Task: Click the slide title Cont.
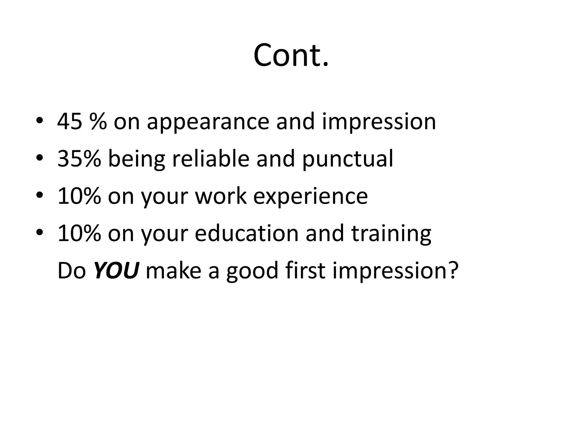pos(291,55)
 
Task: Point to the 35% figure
pos(79,159)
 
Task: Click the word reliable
pos(211,159)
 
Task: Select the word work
pos(221,196)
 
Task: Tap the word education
pos(247,233)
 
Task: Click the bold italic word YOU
pos(116,271)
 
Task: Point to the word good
pos(252,271)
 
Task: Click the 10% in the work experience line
pos(79,196)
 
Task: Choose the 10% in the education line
pos(79,233)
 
